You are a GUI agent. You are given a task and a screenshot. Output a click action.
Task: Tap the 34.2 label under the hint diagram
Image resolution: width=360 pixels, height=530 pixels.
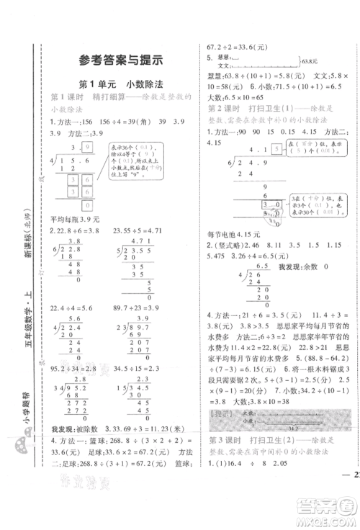click(280, 427)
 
